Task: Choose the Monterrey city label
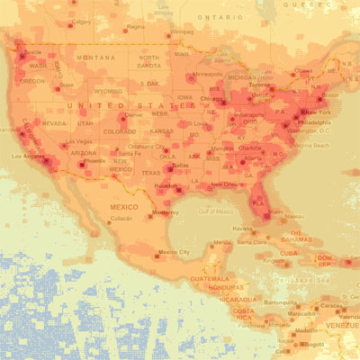165,212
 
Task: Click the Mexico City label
174,252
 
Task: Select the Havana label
242,229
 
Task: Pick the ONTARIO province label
222,16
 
